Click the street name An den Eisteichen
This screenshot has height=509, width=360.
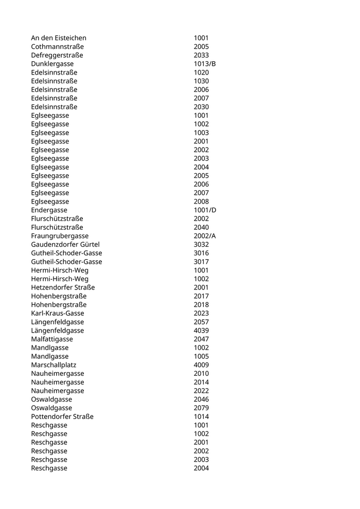click(x=59, y=38)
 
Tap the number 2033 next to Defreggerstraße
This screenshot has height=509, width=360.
click(x=201, y=55)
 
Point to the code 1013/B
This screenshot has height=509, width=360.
click(x=205, y=64)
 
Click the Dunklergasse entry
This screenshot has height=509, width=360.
click(x=51, y=64)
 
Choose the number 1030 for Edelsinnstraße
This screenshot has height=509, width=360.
click(x=201, y=81)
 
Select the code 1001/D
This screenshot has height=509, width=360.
click(x=205, y=210)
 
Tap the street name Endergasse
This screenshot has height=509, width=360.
click(x=49, y=210)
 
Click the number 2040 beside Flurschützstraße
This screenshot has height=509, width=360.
click(x=201, y=227)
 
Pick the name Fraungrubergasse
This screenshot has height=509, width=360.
click(x=60, y=236)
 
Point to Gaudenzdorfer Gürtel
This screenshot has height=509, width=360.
click(x=65, y=245)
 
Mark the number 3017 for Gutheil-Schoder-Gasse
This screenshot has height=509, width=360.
click(x=201, y=262)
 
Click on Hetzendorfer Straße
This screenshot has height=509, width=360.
click(x=63, y=287)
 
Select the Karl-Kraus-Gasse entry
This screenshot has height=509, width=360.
click(x=58, y=313)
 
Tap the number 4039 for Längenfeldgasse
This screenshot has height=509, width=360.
click(x=201, y=331)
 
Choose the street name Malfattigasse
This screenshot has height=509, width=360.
click(x=52, y=339)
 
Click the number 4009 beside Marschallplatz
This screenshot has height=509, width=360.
click(x=201, y=365)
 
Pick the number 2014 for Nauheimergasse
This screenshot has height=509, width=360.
click(x=201, y=383)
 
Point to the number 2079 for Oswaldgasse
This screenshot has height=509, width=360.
click(x=201, y=408)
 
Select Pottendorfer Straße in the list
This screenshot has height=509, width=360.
click(x=62, y=416)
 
